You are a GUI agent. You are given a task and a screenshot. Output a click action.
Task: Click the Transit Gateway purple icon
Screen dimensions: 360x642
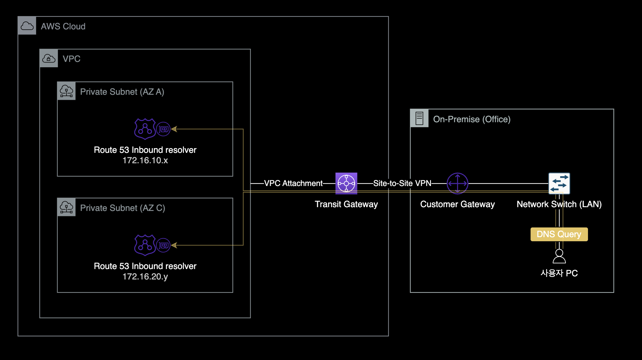(346, 183)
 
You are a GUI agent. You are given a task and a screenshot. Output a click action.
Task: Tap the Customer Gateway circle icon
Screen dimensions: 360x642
(457, 183)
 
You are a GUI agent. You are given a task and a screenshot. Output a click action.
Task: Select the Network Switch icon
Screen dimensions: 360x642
(559, 183)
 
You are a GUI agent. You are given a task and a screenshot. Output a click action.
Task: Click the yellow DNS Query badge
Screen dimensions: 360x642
(559, 234)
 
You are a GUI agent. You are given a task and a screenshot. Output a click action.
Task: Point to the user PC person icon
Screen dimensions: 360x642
(559, 256)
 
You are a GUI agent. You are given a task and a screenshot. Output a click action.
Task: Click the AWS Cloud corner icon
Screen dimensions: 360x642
(27, 26)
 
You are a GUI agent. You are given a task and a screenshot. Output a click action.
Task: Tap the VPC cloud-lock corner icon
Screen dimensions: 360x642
(49, 58)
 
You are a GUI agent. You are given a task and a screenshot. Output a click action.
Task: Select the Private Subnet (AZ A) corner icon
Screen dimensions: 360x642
(66, 91)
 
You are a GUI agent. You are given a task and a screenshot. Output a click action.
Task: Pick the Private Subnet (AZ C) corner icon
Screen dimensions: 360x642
(66, 207)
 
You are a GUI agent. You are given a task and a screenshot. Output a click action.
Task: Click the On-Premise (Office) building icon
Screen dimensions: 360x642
(419, 118)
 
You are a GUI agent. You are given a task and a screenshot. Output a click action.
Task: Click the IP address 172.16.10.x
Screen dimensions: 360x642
(145, 160)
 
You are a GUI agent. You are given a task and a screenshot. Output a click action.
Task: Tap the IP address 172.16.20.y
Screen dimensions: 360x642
(145, 277)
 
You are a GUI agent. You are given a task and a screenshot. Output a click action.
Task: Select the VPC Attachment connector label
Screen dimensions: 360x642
(293, 183)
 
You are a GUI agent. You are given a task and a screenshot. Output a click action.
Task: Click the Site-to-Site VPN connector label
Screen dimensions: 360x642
(402, 183)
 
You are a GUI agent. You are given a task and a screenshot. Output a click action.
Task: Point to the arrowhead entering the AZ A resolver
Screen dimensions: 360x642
(174, 129)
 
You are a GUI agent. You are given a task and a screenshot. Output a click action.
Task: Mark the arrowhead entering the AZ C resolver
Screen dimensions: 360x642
(174, 245)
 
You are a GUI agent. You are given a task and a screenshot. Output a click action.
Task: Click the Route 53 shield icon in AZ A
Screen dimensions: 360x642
(145, 129)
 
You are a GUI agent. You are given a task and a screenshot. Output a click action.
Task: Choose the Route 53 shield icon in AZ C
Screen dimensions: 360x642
(145, 245)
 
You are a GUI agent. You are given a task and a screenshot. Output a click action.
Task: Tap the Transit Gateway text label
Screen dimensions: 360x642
(346, 204)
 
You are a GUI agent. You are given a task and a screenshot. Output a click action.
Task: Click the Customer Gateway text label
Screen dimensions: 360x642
(457, 204)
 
